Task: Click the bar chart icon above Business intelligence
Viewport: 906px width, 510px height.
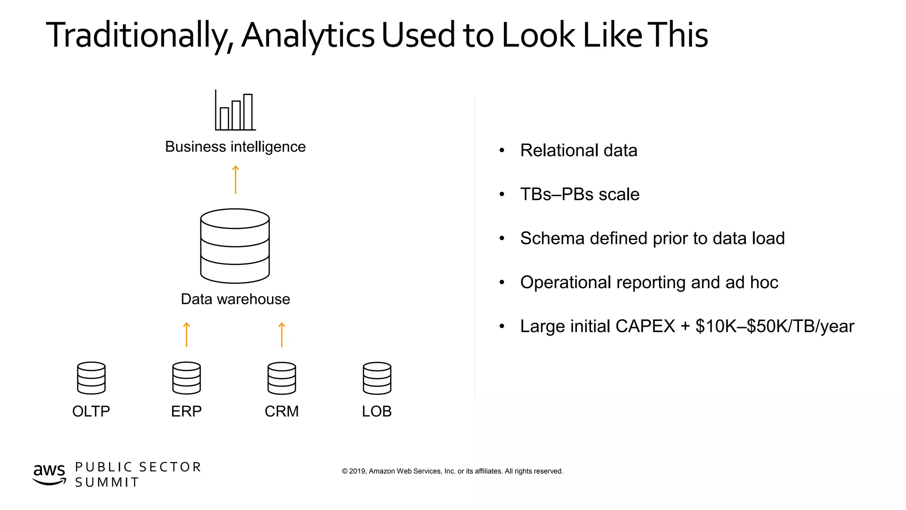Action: (235, 111)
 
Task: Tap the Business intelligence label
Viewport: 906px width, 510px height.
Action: (235, 147)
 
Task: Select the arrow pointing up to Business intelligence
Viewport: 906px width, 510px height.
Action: (235, 180)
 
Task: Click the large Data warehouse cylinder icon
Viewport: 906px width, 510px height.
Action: (235, 246)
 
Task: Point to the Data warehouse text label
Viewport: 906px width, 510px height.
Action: (235, 299)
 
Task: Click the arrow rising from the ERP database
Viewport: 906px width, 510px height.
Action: (187, 335)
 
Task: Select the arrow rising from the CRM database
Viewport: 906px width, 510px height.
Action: (282, 335)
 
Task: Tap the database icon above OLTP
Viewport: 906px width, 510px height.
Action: (91, 378)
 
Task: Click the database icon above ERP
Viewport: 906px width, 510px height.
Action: (187, 378)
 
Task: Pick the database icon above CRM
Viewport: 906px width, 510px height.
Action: (282, 378)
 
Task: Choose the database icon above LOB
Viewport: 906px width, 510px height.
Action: (377, 378)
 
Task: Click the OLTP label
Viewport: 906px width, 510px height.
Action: (91, 411)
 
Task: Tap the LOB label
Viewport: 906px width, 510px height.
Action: (377, 411)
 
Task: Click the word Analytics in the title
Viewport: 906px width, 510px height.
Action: (308, 35)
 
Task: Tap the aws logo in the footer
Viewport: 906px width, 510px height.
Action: (49, 474)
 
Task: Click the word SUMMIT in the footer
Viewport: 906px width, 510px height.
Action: (107, 482)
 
